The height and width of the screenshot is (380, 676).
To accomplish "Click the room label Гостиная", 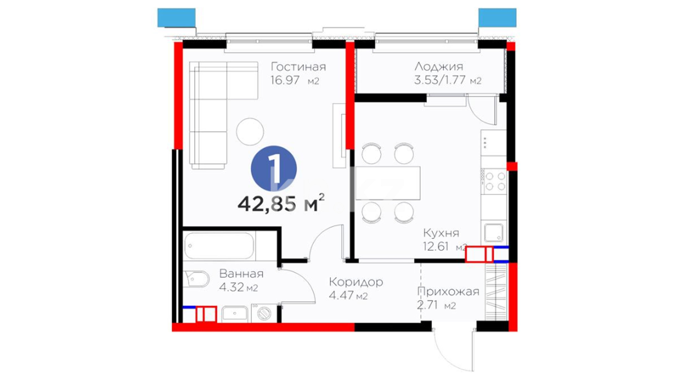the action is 298,66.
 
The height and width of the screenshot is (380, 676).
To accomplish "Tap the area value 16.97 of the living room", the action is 285,80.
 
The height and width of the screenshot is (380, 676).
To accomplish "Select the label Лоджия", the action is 439,66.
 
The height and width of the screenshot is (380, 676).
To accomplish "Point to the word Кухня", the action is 441,233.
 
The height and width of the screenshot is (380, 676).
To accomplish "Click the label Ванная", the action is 241,273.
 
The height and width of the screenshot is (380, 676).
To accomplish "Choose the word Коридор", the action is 356,282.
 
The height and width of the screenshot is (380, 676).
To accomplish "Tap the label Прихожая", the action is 448,292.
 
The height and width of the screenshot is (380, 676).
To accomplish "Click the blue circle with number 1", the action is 274,169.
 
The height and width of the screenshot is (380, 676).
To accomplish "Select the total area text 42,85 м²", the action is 281,204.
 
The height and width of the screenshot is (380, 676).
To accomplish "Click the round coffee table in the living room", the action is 250,131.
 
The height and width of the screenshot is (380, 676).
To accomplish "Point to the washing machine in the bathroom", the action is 263,313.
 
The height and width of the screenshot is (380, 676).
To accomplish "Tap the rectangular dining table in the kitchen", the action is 388,183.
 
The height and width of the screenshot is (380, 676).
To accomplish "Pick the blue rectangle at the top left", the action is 176,18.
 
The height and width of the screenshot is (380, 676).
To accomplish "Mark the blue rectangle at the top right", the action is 497,18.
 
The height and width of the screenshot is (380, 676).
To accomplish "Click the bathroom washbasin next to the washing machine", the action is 235,314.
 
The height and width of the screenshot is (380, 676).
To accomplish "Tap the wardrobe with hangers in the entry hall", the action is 496,292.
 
